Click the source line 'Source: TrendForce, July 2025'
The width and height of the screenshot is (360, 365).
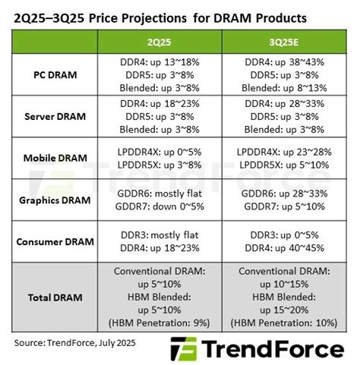(79, 343)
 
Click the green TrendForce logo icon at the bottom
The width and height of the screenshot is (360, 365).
(183, 350)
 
